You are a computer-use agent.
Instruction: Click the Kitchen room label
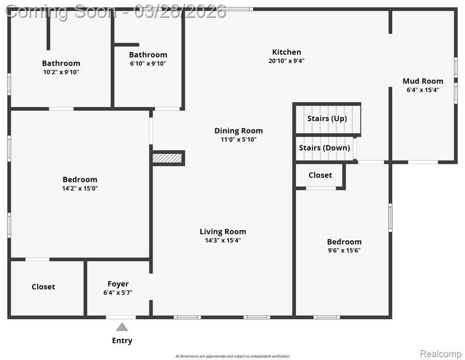pos(287,52)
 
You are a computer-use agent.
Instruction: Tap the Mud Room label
pos(423,81)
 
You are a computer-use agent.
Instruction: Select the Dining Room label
pos(238,131)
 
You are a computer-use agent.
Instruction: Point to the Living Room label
pos(223,231)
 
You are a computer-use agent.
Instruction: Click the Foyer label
pos(118,284)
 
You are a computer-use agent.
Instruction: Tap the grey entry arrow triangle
pos(122,327)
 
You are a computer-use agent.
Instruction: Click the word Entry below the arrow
pos(122,341)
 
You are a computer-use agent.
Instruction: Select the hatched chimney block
pos(167,158)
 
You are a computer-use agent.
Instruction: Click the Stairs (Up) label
pos(327,119)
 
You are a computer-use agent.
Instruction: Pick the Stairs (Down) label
pos(324,148)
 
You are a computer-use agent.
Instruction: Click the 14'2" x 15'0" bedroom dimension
pos(80,188)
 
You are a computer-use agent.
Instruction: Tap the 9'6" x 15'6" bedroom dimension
pos(344,250)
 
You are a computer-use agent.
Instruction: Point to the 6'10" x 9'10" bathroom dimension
pos(148,63)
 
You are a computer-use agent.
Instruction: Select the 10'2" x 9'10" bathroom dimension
pos(61,72)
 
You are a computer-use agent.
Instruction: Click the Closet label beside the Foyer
pos(43,287)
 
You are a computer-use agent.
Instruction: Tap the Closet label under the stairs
pos(320,175)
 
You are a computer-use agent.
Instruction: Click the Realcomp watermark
pos(441,354)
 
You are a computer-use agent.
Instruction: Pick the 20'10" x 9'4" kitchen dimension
pos(287,61)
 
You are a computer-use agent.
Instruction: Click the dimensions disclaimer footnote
pos(232,356)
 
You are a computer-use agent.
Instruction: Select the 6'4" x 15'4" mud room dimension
pos(423,90)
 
